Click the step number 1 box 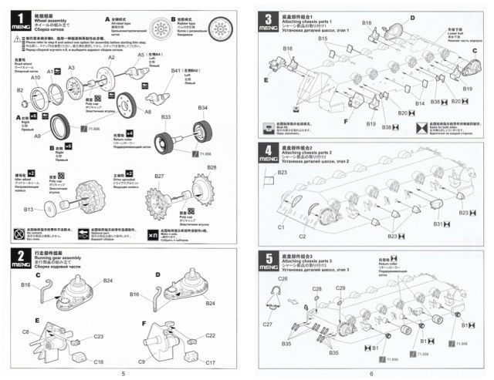click(15, 16)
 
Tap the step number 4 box click(268, 151)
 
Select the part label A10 click(36, 78)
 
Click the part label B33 click(165, 116)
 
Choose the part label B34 click(203, 107)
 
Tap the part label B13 click(29, 209)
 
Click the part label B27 click(159, 177)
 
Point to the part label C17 click(210, 362)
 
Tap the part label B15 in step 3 click(323, 39)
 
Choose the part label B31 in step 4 click(438, 223)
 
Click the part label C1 click(282, 227)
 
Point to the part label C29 click(340, 288)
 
